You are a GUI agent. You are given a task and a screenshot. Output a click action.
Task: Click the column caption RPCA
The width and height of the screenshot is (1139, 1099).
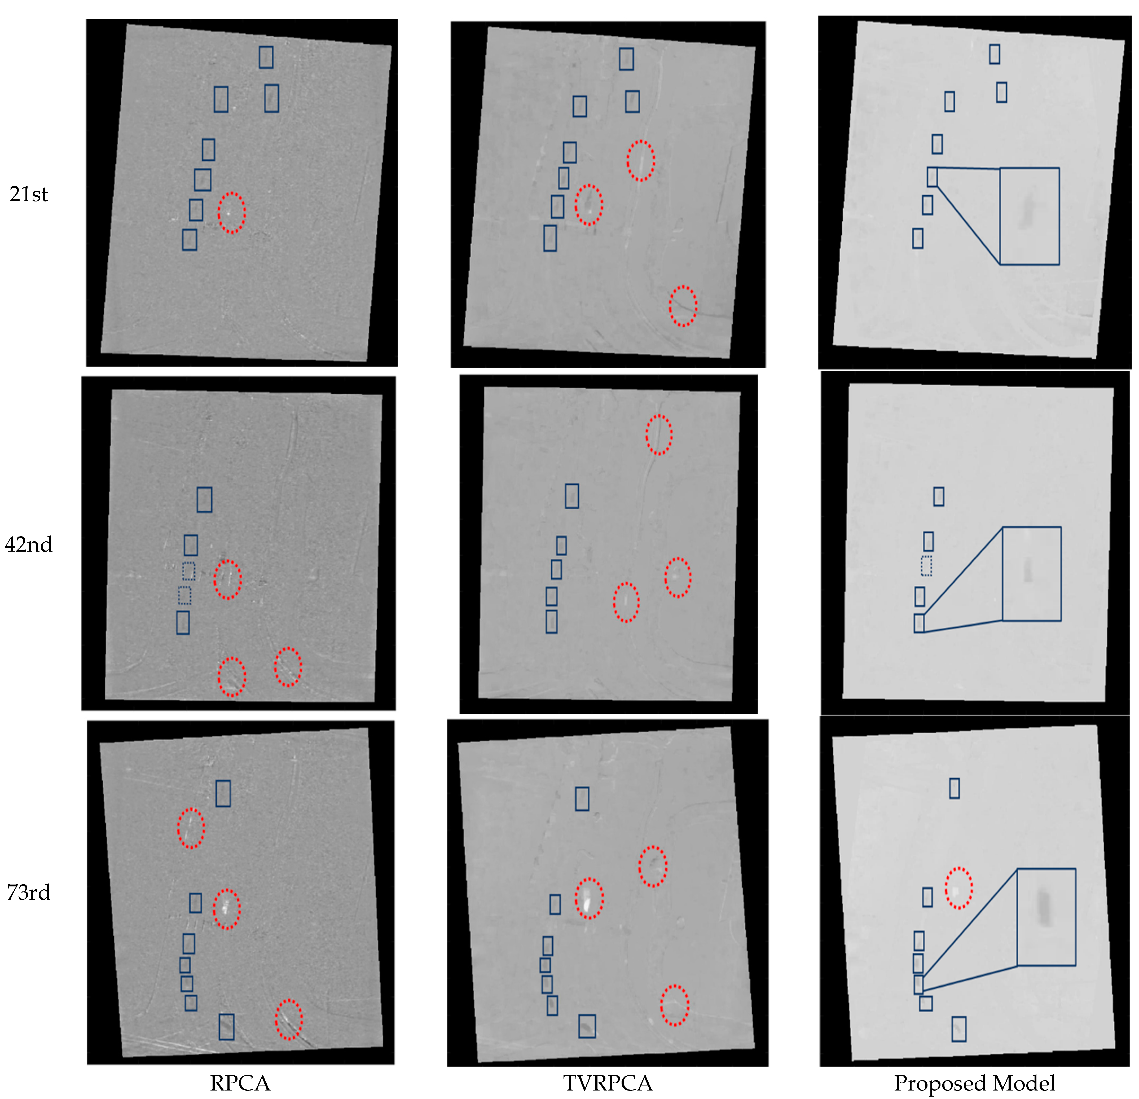click(239, 1083)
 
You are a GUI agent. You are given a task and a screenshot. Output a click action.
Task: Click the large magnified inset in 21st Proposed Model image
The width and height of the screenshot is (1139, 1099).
click(1029, 216)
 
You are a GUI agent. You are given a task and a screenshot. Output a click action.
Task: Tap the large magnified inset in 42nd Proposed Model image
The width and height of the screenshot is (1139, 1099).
click(1031, 574)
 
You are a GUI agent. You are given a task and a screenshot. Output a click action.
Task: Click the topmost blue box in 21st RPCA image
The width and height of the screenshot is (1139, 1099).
click(266, 57)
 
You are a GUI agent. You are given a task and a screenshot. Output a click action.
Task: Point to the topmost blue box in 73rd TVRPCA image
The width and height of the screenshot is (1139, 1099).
click(582, 798)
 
